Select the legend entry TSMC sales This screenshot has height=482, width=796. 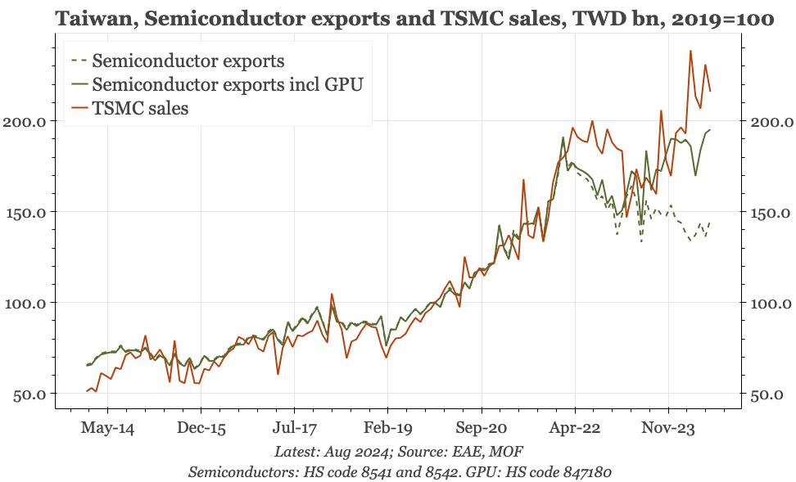click(140, 108)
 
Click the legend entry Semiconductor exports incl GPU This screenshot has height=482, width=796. click(227, 84)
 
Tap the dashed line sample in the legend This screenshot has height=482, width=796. click(79, 61)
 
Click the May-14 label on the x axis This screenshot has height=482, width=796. click(107, 428)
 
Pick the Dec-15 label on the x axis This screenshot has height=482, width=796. click(201, 428)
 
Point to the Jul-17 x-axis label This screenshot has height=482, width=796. click(294, 428)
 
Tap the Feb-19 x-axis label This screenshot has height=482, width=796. click(388, 428)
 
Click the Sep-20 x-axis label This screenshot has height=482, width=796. click(482, 428)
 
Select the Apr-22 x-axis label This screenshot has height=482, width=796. click(575, 428)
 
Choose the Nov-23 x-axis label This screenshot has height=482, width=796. click(668, 428)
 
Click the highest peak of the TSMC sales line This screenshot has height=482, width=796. click(690, 51)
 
